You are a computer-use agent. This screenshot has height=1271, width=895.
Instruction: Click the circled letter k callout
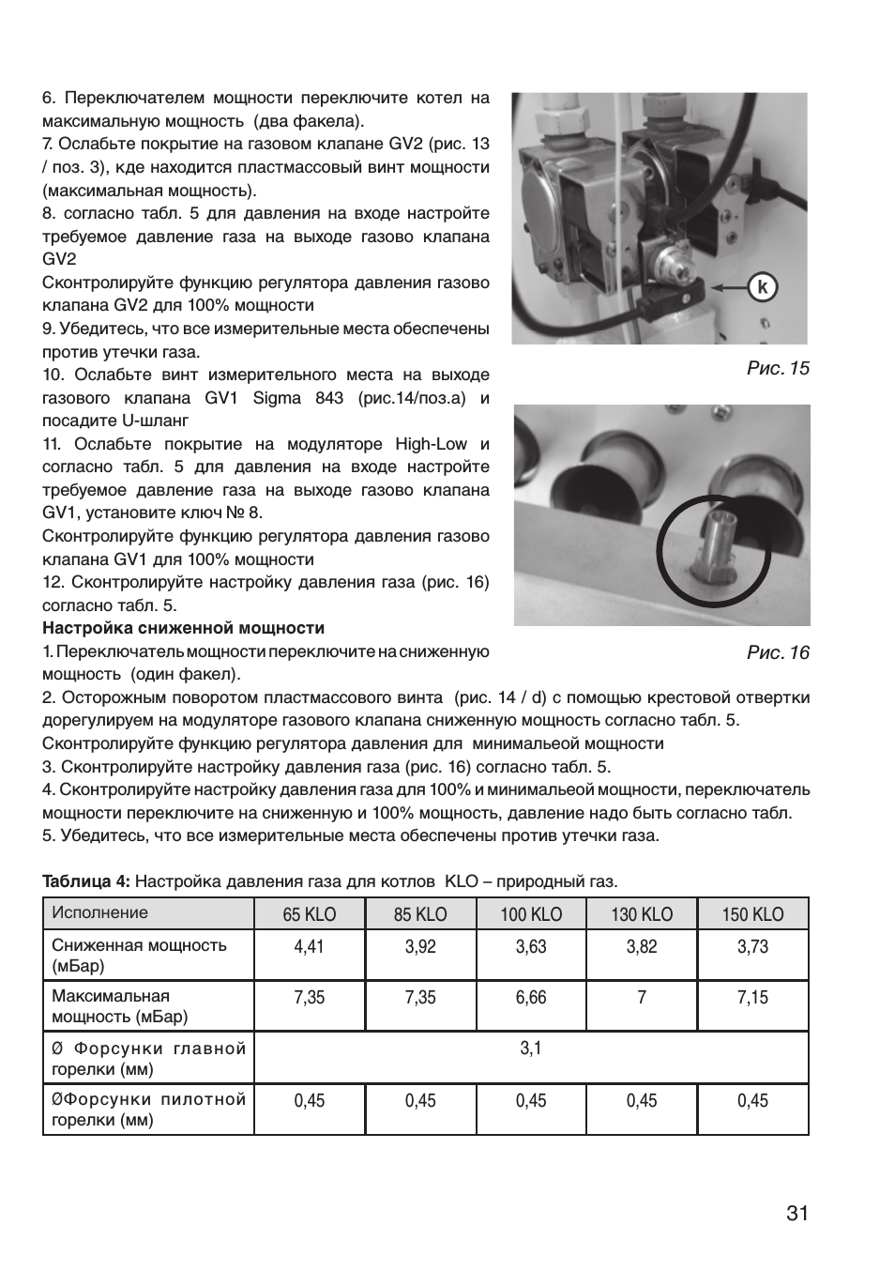(x=763, y=287)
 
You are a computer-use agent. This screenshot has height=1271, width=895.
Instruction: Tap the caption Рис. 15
(x=778, y=368)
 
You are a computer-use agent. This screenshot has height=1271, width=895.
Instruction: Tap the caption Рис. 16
(x=778, y=652)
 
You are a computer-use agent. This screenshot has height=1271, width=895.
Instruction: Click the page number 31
(x=796, y=1213)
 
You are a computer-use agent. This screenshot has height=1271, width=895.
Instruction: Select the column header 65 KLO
(x=310, y=914)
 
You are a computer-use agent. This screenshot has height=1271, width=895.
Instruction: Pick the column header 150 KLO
(x=752, y=914)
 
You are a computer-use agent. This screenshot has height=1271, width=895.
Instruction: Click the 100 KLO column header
(x=531, y=914)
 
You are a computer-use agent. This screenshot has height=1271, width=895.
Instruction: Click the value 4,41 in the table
(x=309, y=946)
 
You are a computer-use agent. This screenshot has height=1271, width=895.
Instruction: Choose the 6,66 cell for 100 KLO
(x=531, y=997)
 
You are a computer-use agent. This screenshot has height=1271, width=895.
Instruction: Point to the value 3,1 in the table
(x=531, y=1048)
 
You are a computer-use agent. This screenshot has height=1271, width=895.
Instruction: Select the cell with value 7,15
(x=752, y=997)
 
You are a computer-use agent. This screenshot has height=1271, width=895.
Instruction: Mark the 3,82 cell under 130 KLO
(x=642, y=946)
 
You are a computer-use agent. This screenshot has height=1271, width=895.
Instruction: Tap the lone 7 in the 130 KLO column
(x=642, y=997)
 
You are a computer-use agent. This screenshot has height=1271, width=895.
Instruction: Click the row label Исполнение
(x=100, y=912)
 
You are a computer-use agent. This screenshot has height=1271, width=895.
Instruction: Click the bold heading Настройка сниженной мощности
(x=183, y=628)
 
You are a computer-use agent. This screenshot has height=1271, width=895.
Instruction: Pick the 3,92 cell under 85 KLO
(x=420, y=946)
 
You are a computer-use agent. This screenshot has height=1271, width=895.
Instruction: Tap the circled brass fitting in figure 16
(x=710, y=556)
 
